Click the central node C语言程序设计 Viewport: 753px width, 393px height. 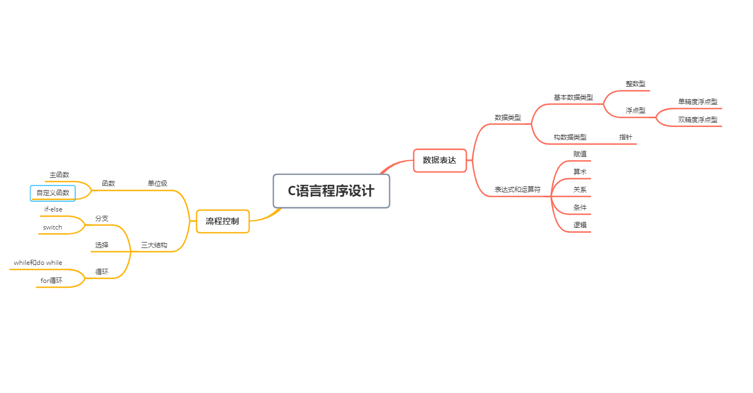pyautogui.click(x=331, y=191)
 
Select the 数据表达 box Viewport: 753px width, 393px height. pyautogui.click(x=439, y=161)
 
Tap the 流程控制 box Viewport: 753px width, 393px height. pyautogui.click(x=222, y=221)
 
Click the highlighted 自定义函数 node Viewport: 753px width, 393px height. pyautogui.click(x=53, y=193)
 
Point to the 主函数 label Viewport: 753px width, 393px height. pyautogui.click(x=59, y=175)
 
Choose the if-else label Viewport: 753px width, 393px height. pyautogui.click(x=53, y=209)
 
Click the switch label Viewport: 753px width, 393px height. pyautogui.click(x=53, y=227)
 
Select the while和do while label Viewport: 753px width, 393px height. pyautogui.click(x=38, y=263)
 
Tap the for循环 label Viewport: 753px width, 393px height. pyautogui.click(x=52, y=281)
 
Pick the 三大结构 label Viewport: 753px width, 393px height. pyautogui.click(x=154, y=245)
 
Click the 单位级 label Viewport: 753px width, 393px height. pyautogui.click(x=158, y=184)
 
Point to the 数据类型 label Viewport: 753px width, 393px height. pyautogui.click(x=508, y=118)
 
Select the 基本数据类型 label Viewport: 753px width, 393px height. pyautogui.click(x=573, y=98)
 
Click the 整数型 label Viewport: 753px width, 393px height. pyautogui.click(x=635, y=84)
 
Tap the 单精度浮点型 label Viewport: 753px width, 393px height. pyautogui.click(x=697, y=102)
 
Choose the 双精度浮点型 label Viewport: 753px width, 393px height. pyautogui.click(x=697, y=120)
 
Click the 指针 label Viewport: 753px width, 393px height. pyautogui.click(x=625, y=137)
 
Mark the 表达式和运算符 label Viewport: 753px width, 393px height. pyautogui.click(x=517, y=190)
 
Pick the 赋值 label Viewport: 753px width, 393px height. pyautogui.click(x=580, y=154)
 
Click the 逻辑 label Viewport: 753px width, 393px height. pyautogui.click(x=580, y=225)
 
